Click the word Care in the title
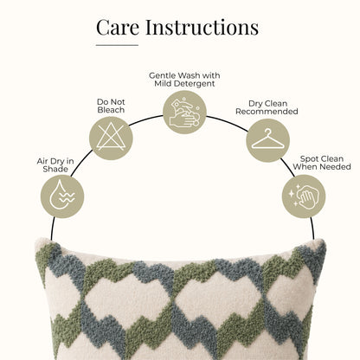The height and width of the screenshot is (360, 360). point(118,28)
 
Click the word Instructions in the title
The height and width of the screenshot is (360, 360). point(202,27)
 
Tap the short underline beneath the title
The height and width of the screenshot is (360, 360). point(117,45)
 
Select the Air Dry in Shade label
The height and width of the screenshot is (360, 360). point(55,165)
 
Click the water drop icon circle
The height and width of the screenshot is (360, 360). point(62,196)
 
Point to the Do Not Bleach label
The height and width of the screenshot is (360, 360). point(111,106)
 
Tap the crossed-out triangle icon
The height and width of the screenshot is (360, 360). point(111,138)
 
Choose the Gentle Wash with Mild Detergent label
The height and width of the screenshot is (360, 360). point(184,80)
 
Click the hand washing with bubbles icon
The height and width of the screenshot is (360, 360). point(184,112)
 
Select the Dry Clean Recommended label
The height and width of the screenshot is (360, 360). point(267,107)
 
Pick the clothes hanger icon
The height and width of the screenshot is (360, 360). point(268,140)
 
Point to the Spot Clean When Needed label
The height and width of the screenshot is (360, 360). point(322,163)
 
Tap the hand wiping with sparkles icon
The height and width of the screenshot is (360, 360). point(304,196)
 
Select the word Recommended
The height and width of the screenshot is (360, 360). point(267,112)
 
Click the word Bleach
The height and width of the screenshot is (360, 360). point(111,110)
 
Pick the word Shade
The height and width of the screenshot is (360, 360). point(55,169)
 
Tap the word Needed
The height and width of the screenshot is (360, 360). point(336,167)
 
